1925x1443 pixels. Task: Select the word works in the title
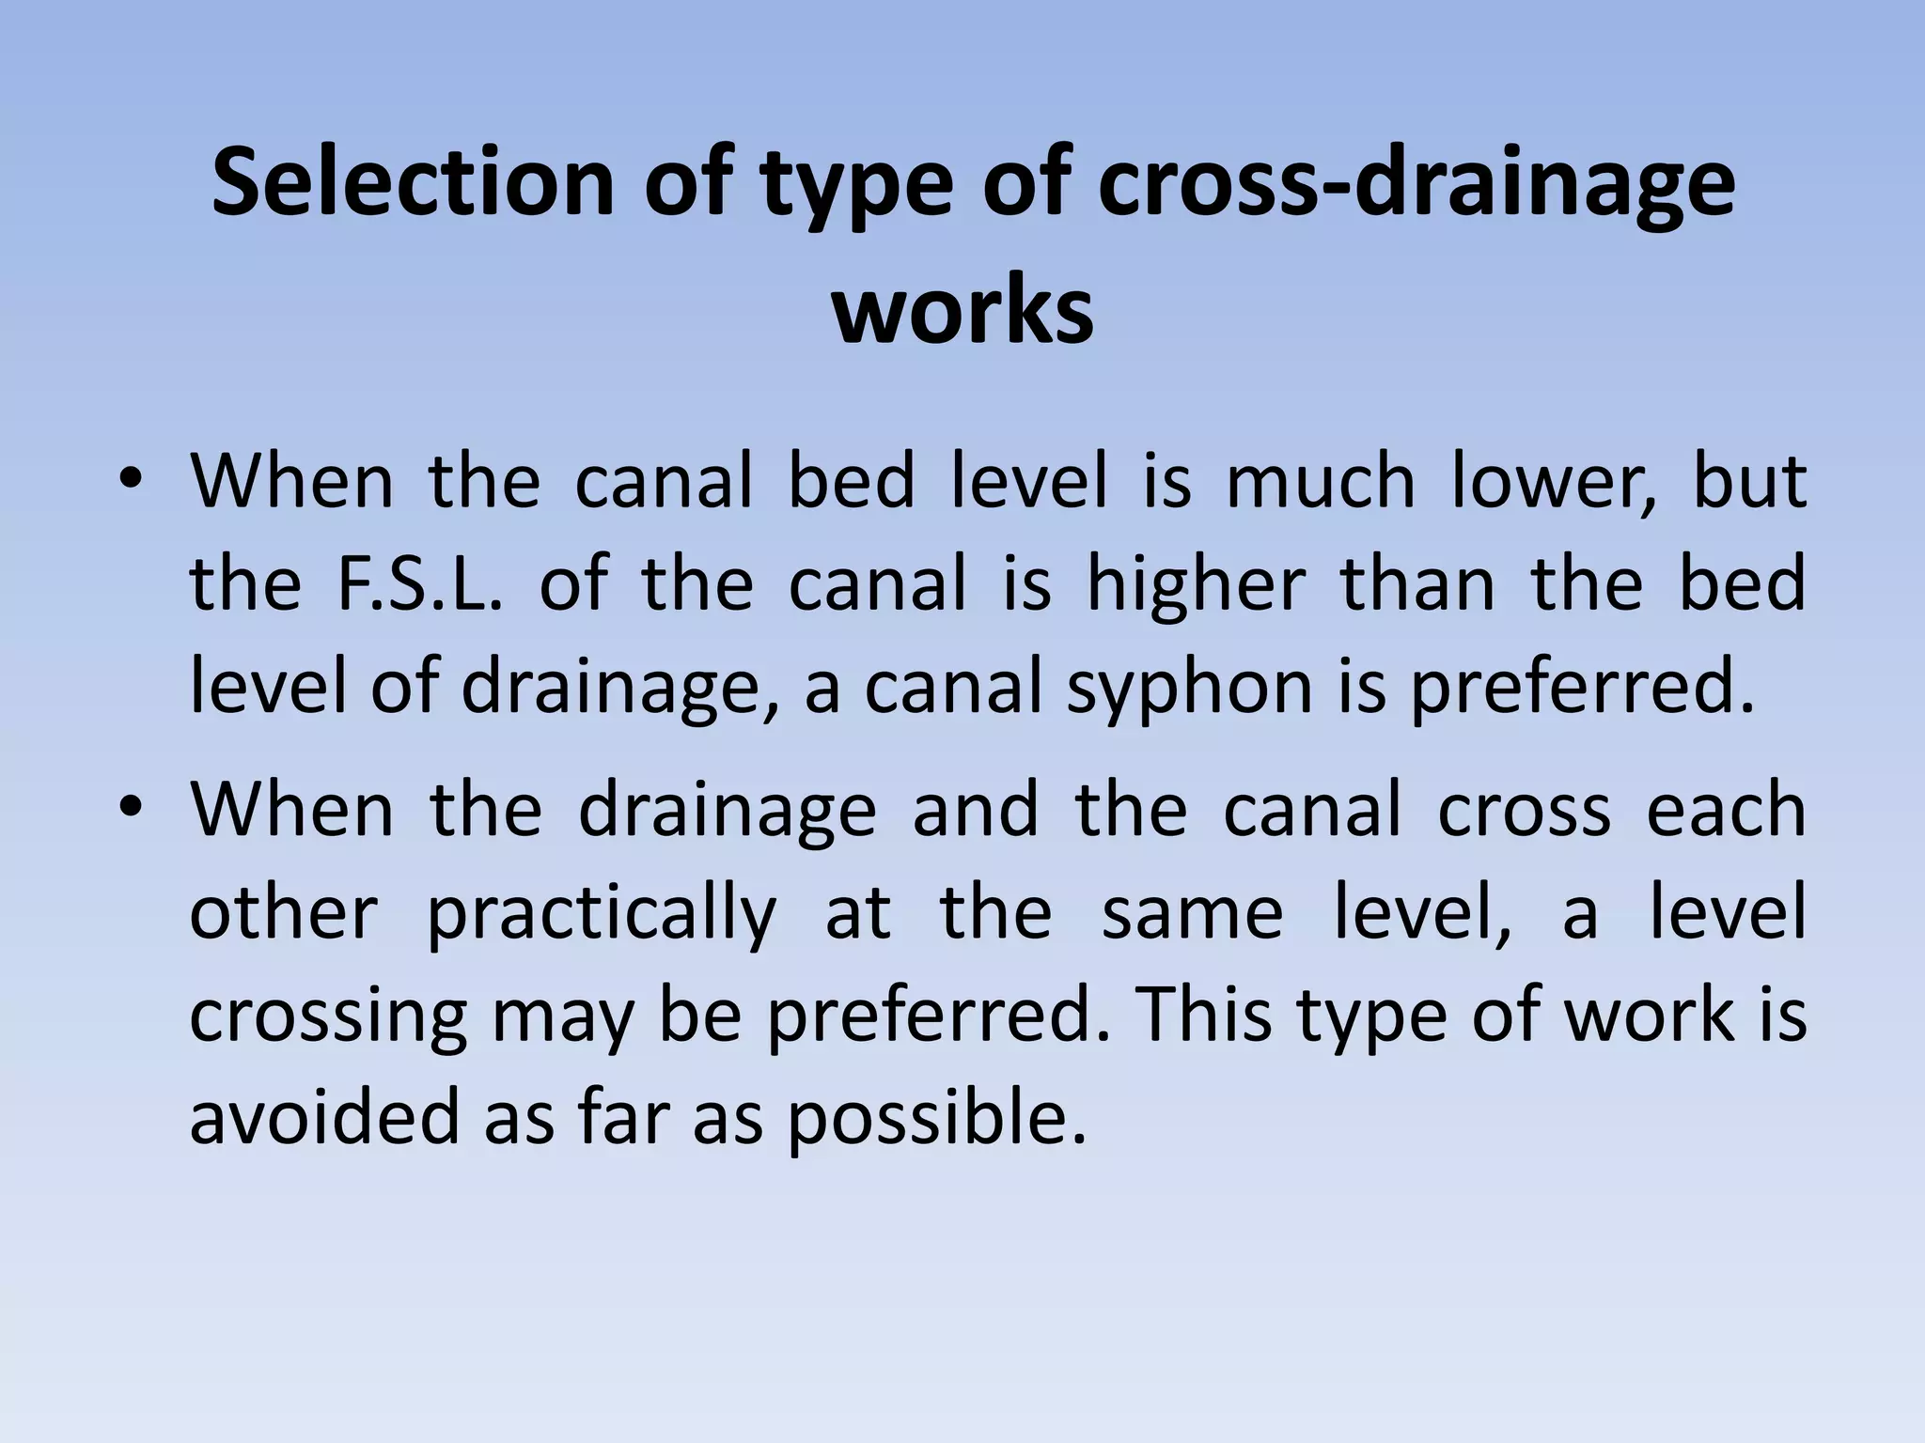[x=962, y=310]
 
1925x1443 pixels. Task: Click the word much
[x=1321, y=481]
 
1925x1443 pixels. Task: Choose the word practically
[x=602, y=913]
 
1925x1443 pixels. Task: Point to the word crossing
[x=328, y=1016]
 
